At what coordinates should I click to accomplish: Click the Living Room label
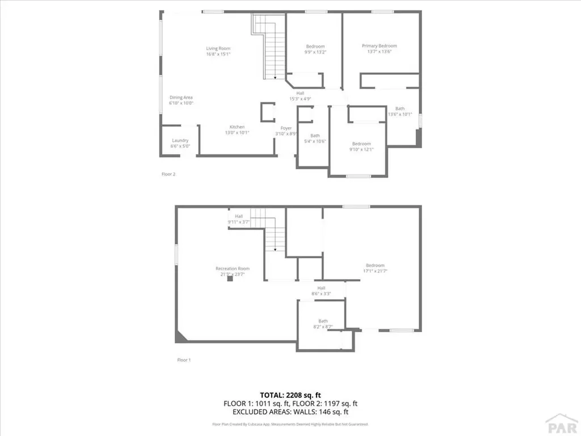click(218, 48)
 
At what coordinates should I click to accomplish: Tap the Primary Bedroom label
click(379, 46)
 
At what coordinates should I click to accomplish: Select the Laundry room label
click(180, 141)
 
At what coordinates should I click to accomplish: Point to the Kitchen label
click(237, 127)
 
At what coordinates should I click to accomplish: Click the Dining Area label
click(181, 98)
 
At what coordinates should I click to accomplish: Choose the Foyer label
click(286, 128)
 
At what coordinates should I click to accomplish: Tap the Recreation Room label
click(232, 269)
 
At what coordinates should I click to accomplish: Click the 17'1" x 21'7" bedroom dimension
click(375, 271)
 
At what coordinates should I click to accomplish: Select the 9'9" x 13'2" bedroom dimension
click(315, 52)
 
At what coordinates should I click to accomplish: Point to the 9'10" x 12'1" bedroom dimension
click(361, 150)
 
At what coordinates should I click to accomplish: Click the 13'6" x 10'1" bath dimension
click(399, 115)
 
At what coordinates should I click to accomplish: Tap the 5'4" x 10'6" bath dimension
click(314, 141)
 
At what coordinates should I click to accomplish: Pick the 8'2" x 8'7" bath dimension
click(322, 327)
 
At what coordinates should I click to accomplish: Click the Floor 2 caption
click(169, 174)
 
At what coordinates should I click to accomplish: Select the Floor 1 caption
click(183, 360)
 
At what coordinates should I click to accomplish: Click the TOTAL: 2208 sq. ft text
click(290, 395)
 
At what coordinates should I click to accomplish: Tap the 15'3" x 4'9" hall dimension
click(300, 99)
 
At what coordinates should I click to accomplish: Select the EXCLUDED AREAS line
click(290, 412)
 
